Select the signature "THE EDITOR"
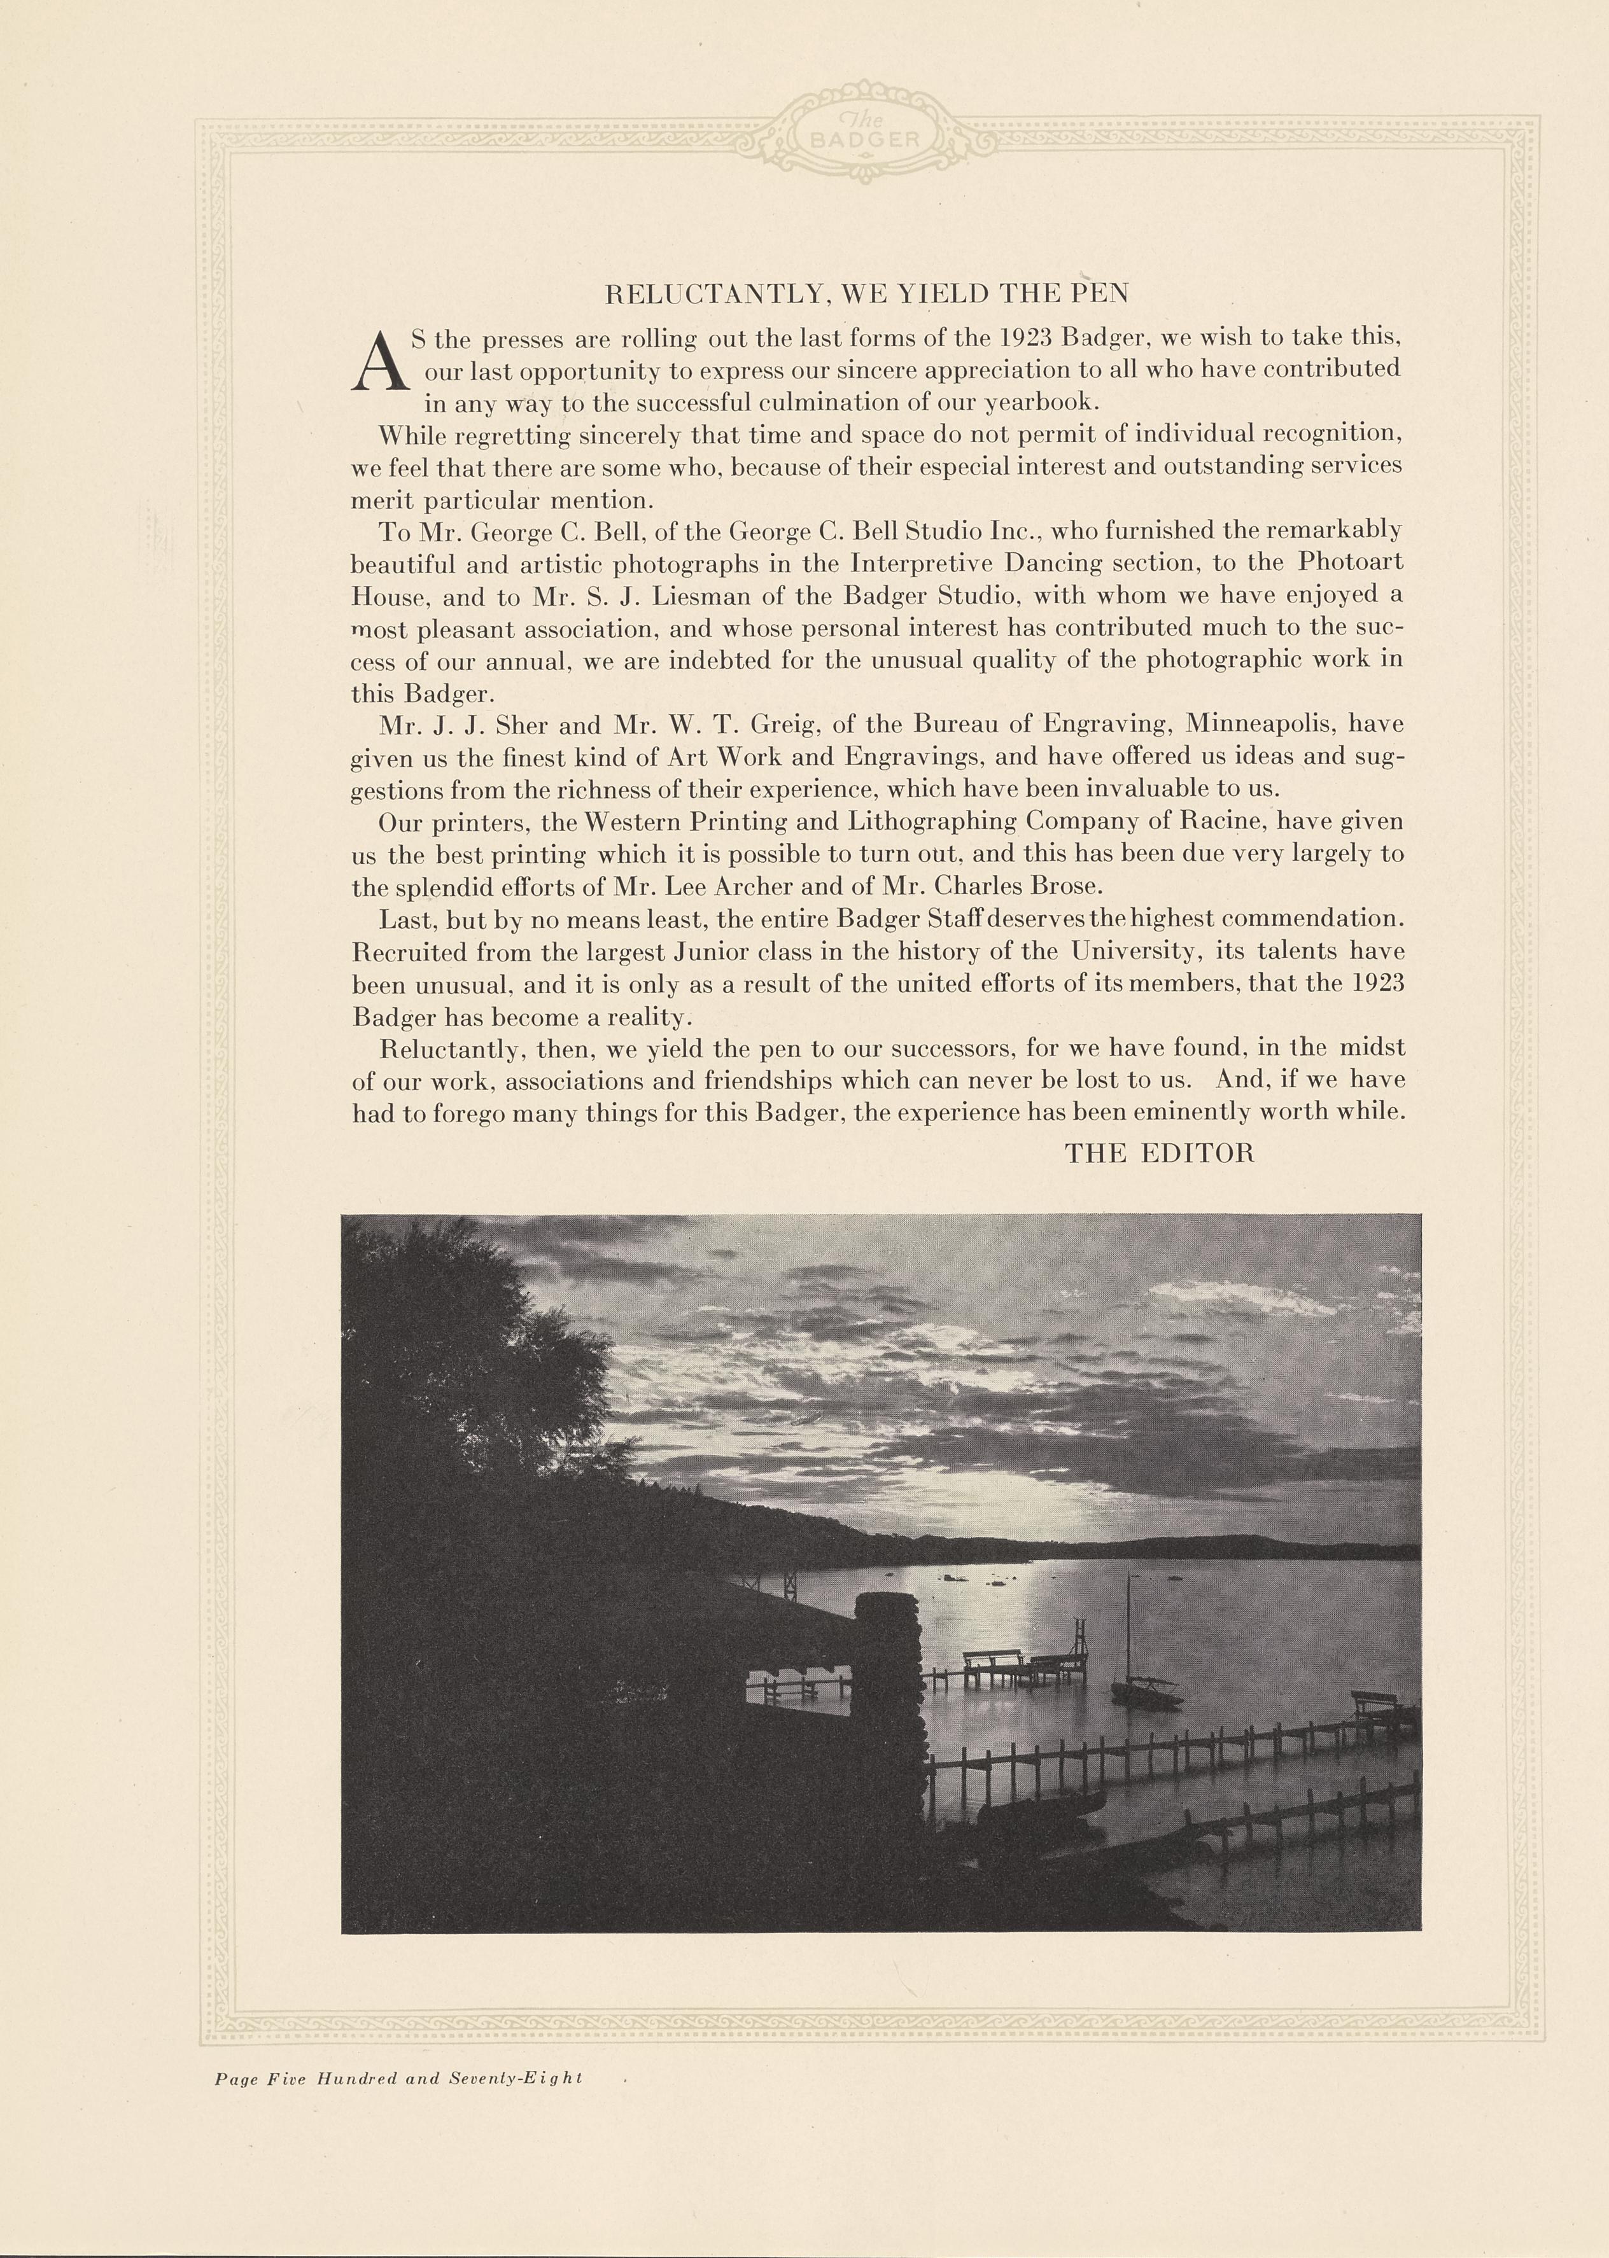pos(1159,1153)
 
